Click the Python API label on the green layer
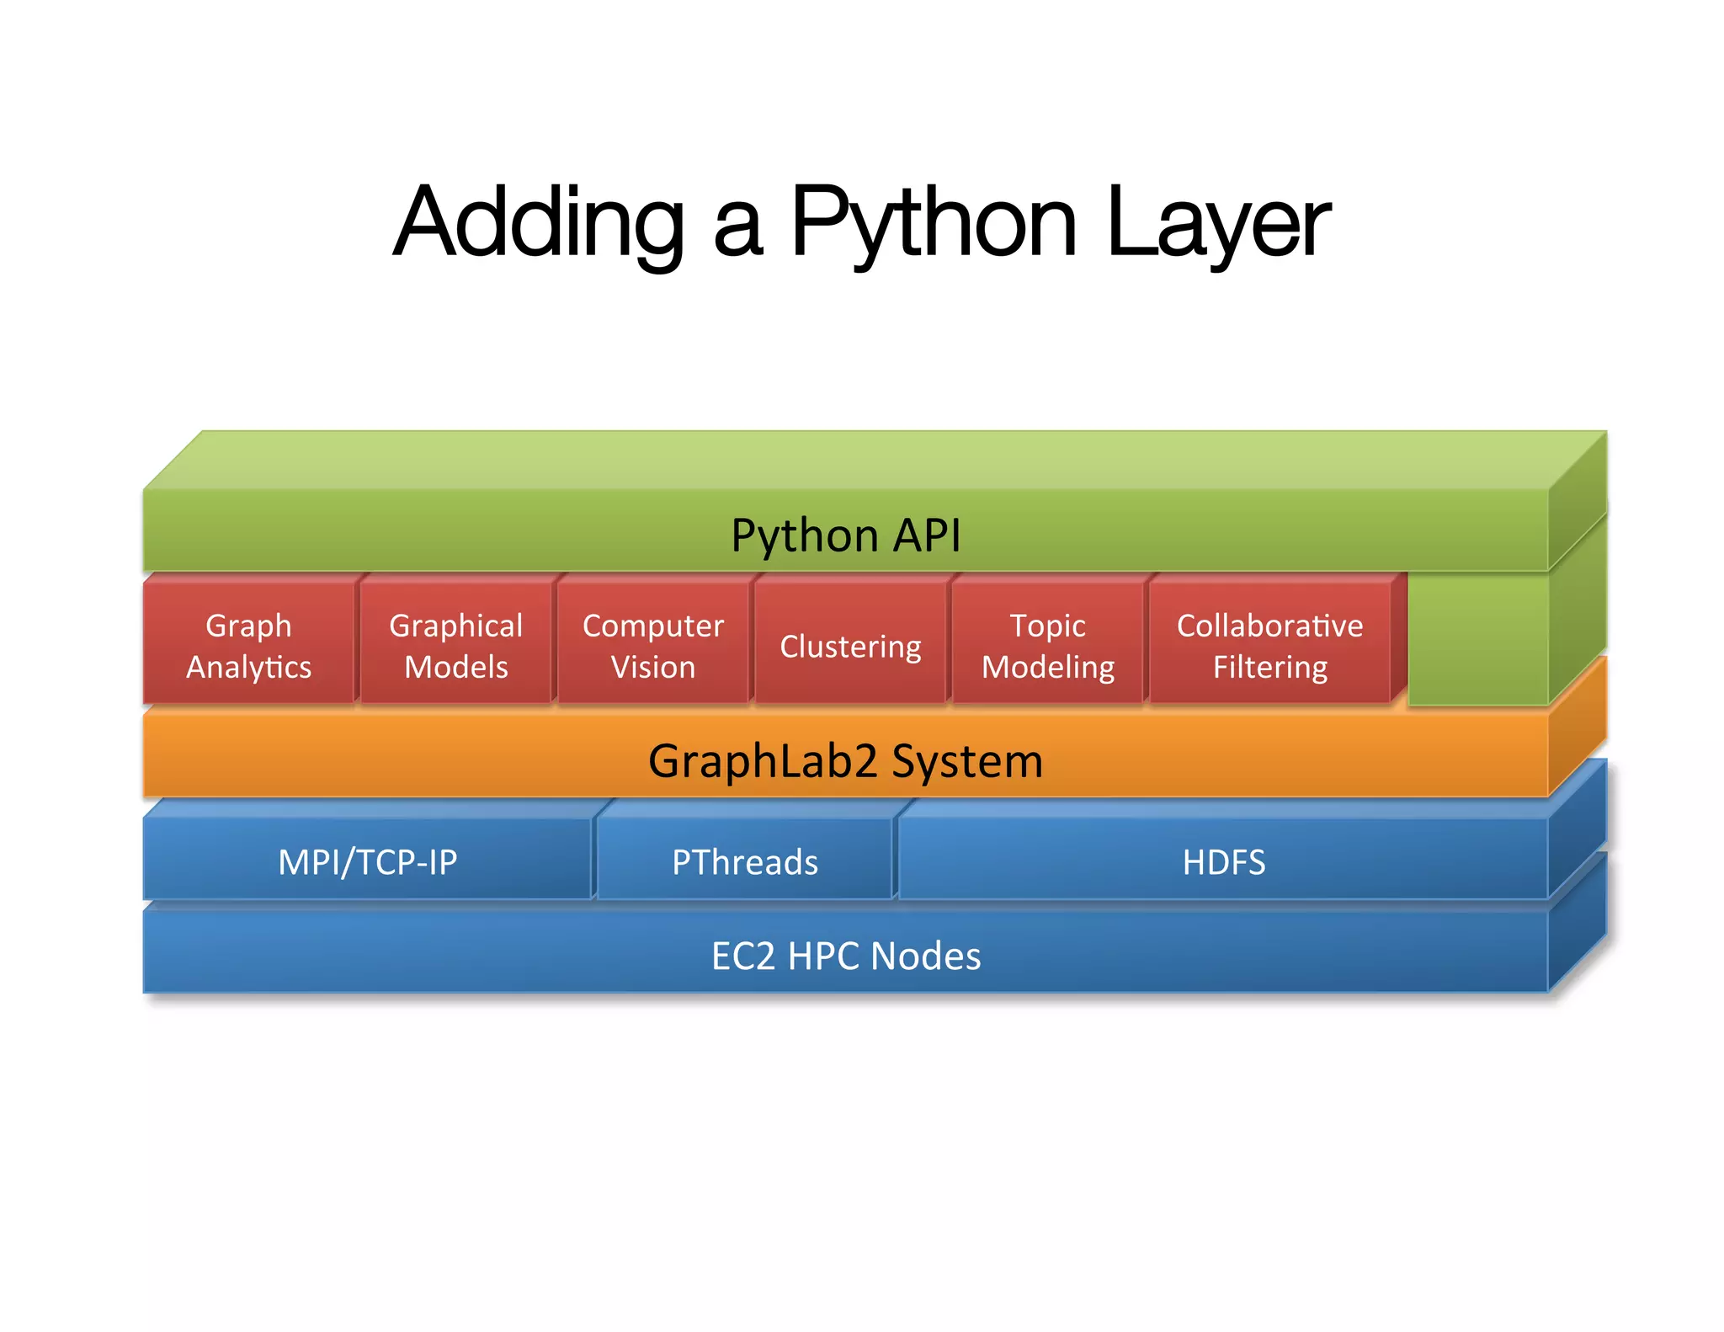pos(845,535)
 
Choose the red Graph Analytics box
pos(248,646)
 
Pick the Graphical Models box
pos(455,646)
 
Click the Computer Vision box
pos(653,646)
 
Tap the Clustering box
pos(850,647)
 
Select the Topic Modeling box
pos(1048,646)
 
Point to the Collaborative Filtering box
pos(1269,646)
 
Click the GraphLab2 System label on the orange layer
pos(845,761)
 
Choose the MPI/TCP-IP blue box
pos(368,862)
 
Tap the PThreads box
pos(745,862)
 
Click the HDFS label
pos(1224,862)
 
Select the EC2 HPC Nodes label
pos(846,956)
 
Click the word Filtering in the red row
pos(1270,668)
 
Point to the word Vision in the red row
pos(653,668)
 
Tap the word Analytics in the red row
pos(248,668)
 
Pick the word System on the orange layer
pos(967,761)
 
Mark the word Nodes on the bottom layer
pos(926,956)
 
